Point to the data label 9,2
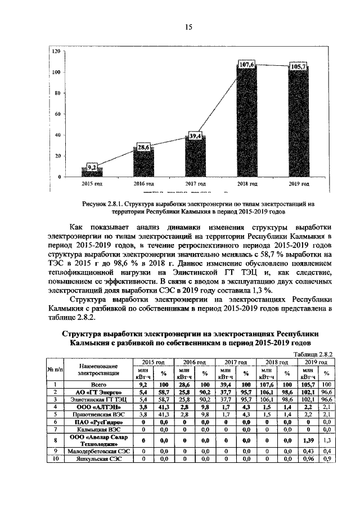pyautogui.click(x=92, y=167)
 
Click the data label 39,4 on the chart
pyautogui.click(x=195, y=136)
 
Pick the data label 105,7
pyautogui.click(x=298, y=67)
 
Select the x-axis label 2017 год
pyautogui.click(x=195, y=184)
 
